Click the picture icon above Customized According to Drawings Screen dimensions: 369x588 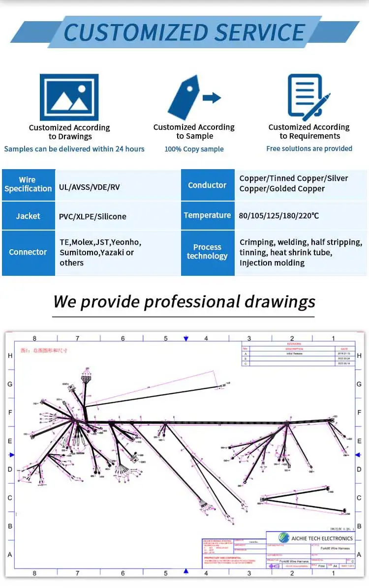click(69, 97)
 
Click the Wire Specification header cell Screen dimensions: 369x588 click(28, 184)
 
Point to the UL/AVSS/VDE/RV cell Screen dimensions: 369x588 click(90, 187)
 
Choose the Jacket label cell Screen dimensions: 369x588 click(28, 216)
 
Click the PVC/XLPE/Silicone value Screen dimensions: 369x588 click(92, 216)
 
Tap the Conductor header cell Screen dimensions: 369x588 click(207, 185)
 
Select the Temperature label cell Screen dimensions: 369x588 click(207, 215)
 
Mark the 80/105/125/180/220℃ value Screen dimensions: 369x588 click(279, 215)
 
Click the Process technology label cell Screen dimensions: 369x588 click(207, 252)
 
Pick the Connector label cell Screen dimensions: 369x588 click(28, 252)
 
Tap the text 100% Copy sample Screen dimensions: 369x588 click(194, 149)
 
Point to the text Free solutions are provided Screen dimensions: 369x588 click(309, 148)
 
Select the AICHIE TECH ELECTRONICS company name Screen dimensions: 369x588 click(322, 538)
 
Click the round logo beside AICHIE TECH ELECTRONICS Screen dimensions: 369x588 click(284, 538)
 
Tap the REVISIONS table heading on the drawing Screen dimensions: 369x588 click(294, 344)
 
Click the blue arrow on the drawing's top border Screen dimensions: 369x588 click(185, 339)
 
